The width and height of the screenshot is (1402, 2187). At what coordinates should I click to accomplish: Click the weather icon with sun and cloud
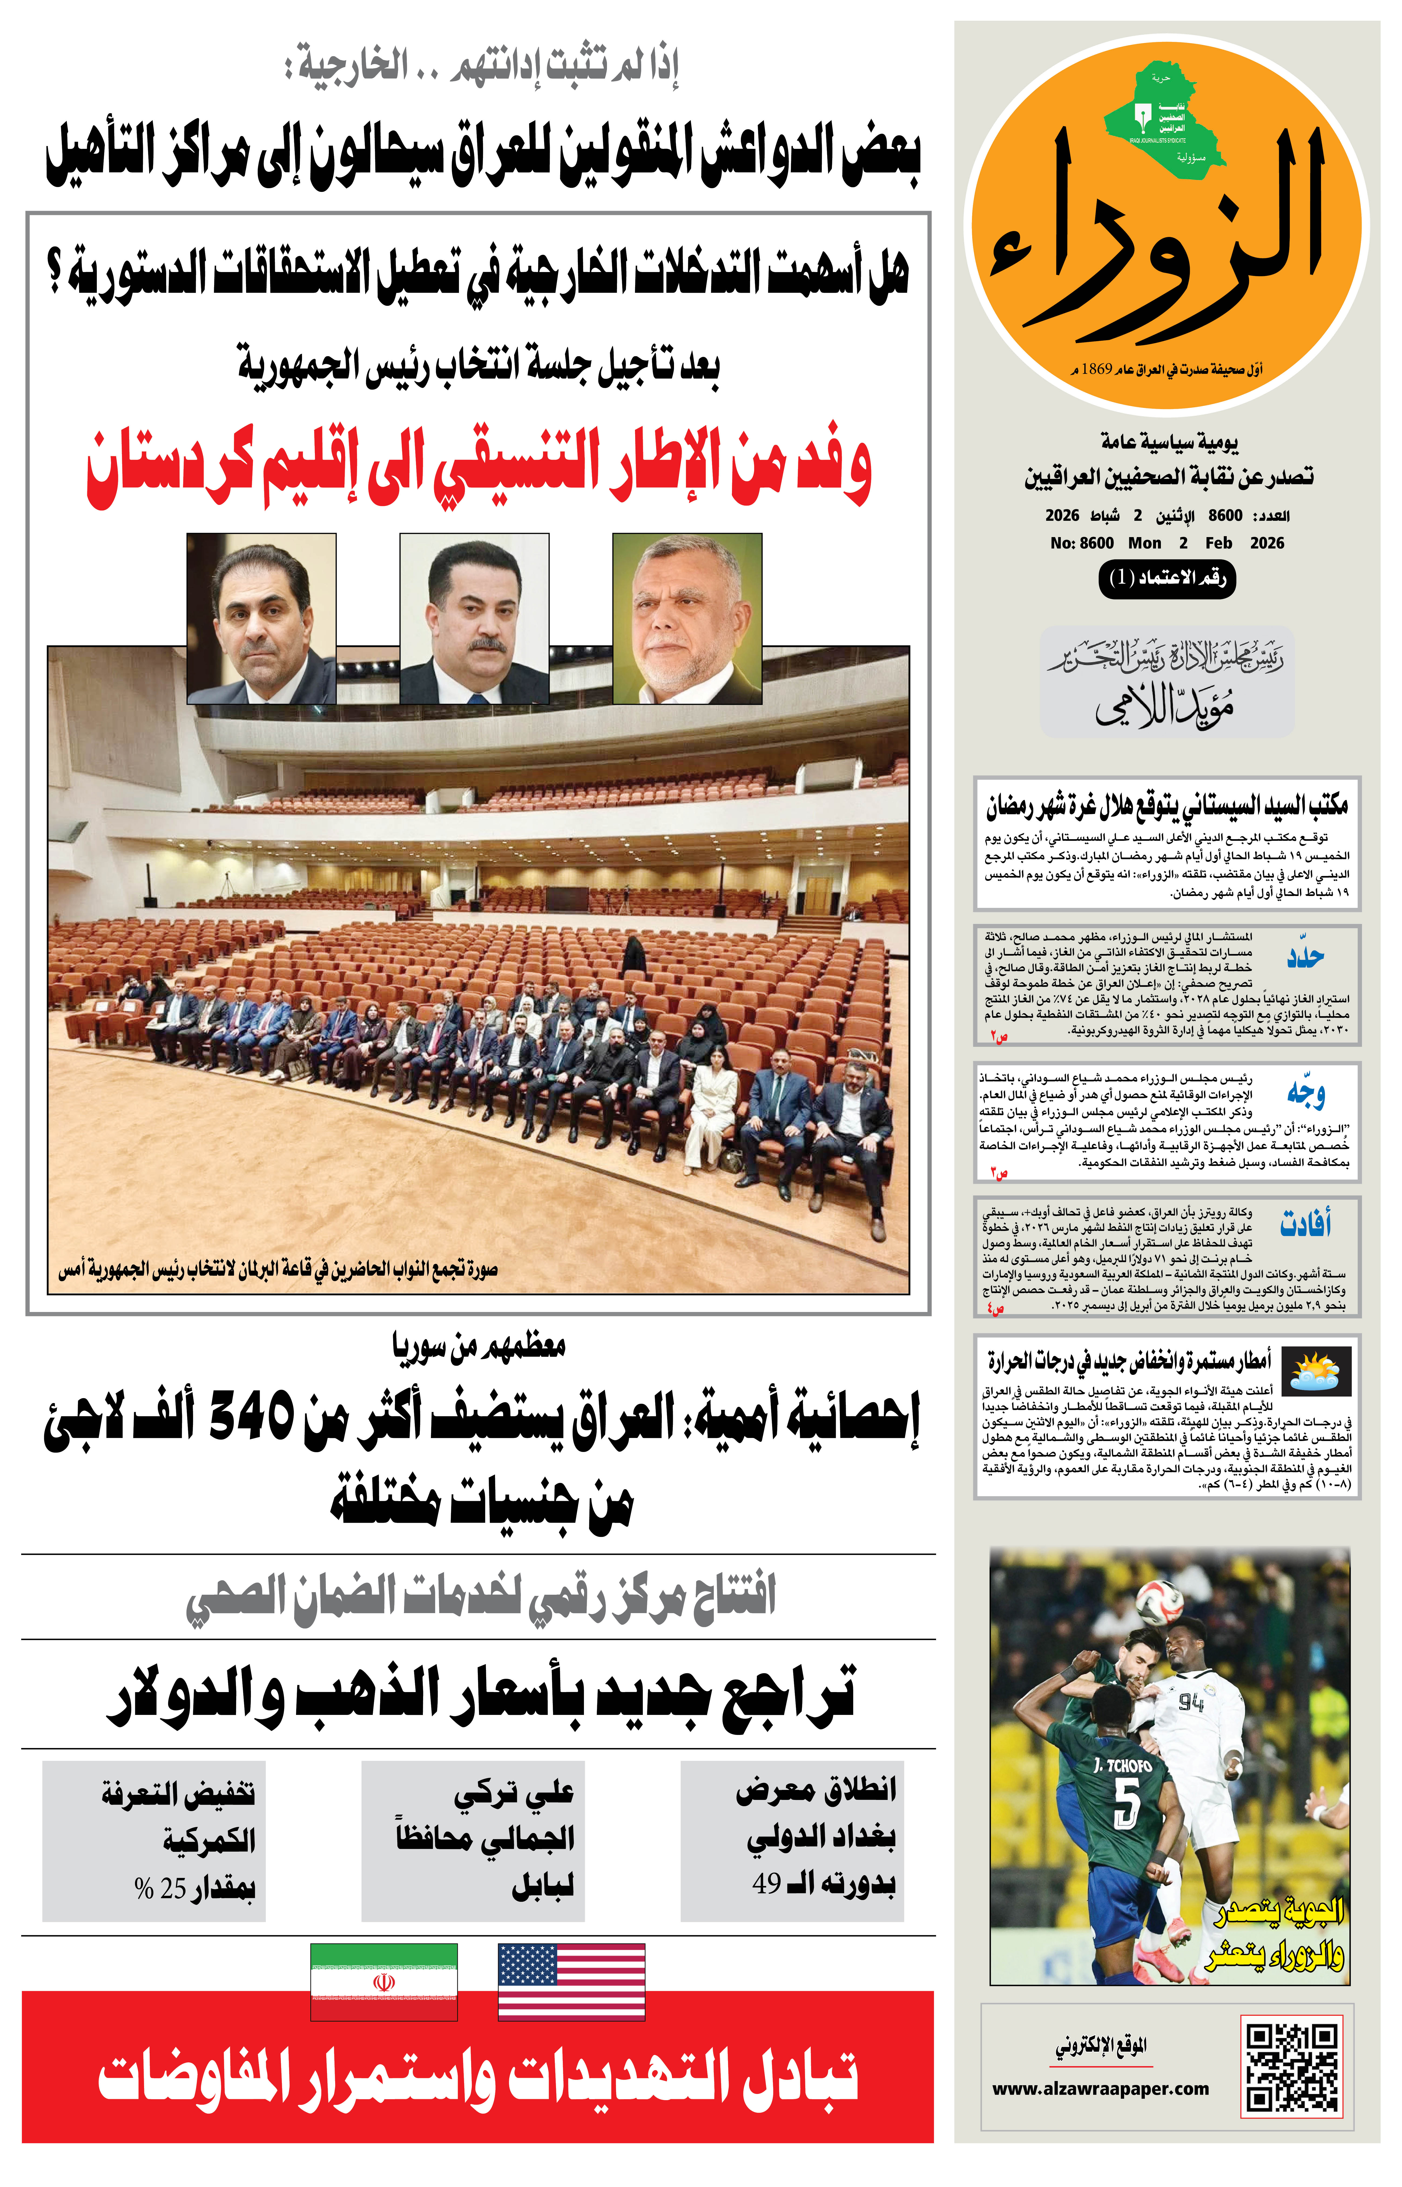tap(1316, 1372)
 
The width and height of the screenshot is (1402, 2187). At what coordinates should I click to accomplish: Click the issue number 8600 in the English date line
tap(1096, 543)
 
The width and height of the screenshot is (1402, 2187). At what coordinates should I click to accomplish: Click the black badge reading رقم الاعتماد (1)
tap(1167, 577)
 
